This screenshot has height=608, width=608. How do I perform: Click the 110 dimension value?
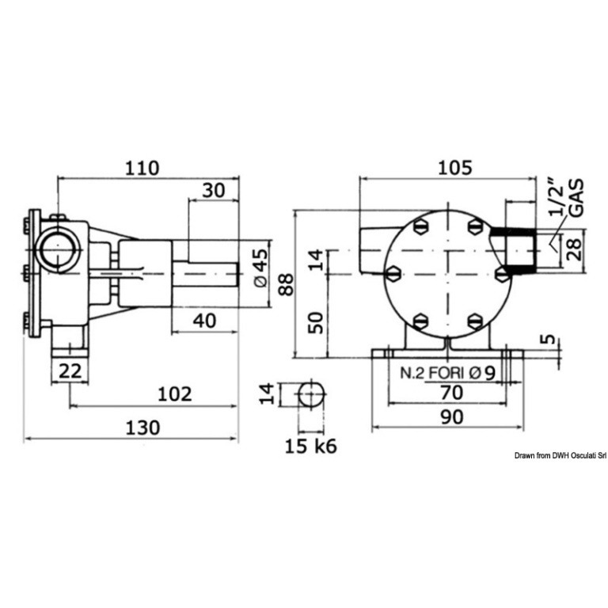click(x=142, y=168)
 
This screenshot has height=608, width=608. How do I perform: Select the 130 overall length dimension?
click(x=142, y=427)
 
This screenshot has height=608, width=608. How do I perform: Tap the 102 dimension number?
click(x=175, y=394)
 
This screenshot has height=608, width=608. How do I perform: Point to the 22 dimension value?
click(x=70, y=370)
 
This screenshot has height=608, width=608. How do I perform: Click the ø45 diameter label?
click(x=260, y=268)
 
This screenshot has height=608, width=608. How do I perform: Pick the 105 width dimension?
click(x=455, y=168)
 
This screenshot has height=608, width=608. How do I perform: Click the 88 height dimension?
click(x=287, y=285)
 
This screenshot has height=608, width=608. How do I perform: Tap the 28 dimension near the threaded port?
click(x=575, y=249)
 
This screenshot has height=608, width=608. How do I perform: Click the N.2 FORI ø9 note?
click(x=448, y=373)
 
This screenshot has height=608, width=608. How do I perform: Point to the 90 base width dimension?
click(x=452, y=417)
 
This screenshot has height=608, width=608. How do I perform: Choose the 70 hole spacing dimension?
click(x=452, y=393)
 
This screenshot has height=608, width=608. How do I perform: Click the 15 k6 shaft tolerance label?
click(x=311, y=446)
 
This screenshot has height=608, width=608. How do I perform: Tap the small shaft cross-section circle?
click(x=311, y=395)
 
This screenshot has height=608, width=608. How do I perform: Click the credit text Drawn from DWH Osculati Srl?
click(x=560, y=456)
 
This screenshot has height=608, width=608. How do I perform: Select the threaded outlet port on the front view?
click(x=513, y=250)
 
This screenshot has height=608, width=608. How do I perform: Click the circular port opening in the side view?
click(x=57, y=250)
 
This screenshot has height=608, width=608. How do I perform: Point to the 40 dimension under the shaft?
click(x=204, y=321)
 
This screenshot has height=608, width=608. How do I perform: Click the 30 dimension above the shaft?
click(x=214, y=190)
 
